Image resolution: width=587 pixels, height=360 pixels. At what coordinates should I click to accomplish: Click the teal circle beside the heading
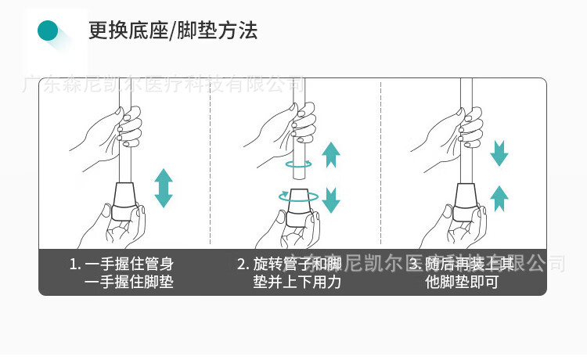(49, 31)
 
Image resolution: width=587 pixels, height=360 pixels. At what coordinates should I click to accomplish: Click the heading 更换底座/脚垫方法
(173, 31)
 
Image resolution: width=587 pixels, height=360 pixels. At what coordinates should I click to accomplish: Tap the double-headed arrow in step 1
(163, 188)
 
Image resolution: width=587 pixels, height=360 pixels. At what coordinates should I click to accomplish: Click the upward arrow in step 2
(332, 154)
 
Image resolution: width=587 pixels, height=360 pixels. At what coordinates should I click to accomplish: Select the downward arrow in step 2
(332, 200)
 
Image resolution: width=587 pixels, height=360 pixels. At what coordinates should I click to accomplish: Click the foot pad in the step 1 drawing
(125, 201)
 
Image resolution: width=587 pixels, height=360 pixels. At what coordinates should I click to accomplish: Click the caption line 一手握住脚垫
(128, 283)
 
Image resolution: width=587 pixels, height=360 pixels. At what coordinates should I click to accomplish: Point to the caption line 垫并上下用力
(297, 283)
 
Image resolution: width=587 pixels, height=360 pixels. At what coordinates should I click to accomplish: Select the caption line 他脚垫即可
(462, 283)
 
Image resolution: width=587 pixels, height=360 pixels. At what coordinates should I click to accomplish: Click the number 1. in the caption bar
(75, 264)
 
